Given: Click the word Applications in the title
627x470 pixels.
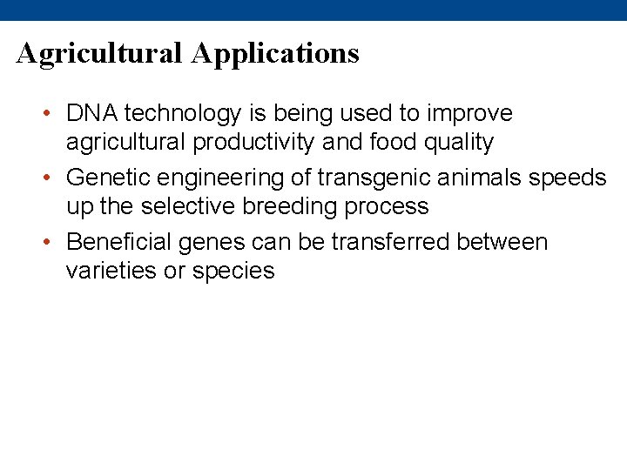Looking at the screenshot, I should click(x=275, y=54).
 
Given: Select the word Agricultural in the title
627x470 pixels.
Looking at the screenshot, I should click(x=100, y=54).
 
